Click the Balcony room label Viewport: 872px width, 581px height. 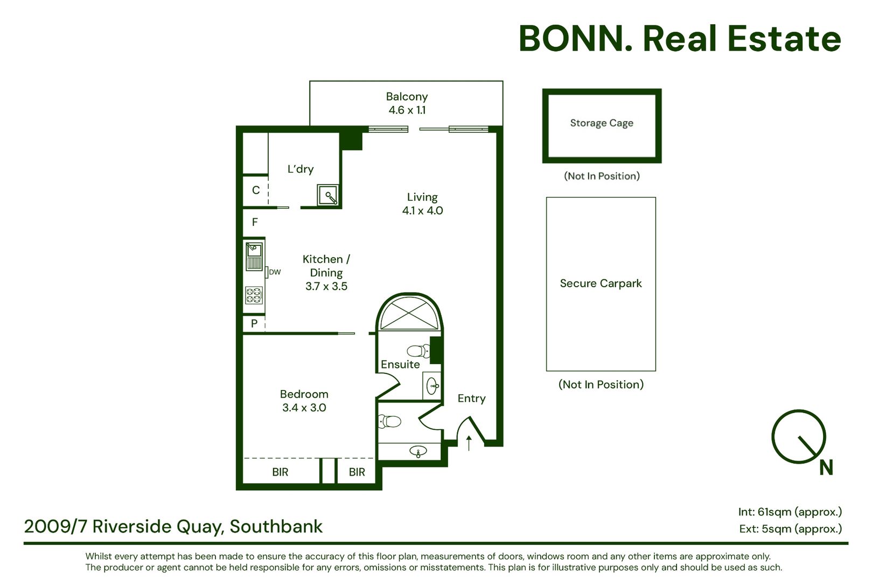click(x=407, y=96)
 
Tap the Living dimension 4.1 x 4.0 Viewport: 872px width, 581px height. click(x=422, y=211)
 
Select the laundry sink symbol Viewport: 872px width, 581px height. click(x=328, y=195)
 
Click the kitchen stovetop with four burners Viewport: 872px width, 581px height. click(x=254, y=295)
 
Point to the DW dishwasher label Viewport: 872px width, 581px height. click(x=275, y=272)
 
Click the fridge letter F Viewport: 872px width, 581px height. click(x=255, y=222)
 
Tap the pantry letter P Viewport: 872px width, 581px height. click(x=254, y=323)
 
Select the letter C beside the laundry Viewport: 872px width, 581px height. click(x=256, y=190)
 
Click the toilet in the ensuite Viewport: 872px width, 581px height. click(x=418, y=351)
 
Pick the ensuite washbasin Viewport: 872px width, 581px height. click(x=432, y=386)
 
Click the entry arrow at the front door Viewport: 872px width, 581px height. click(x=469, y=443)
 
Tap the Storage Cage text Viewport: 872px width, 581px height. click(x=602, y=123)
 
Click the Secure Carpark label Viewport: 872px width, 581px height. click(x=601, y=283)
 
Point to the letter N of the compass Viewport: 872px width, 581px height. click(x=826, y=467)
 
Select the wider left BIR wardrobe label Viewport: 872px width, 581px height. click(x=280, y=472)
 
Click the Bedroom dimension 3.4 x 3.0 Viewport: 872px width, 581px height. click(x=304, y=408)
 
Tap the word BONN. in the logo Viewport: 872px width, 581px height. click(x=575, y=39)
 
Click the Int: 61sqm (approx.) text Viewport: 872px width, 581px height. click(x=790, y=512)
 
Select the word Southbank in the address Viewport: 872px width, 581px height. click(x=276, y=527)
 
